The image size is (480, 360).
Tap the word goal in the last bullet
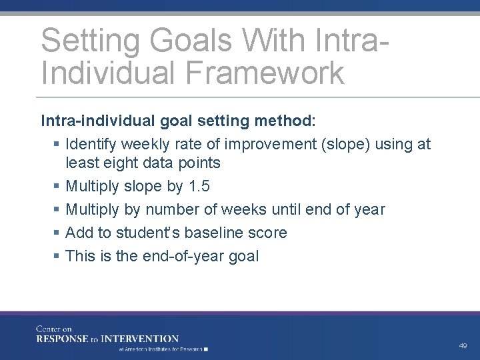(244, 256)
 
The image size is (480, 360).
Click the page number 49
(463, 346)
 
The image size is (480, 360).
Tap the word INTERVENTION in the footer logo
(145, 339)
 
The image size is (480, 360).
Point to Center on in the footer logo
(53, 329)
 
